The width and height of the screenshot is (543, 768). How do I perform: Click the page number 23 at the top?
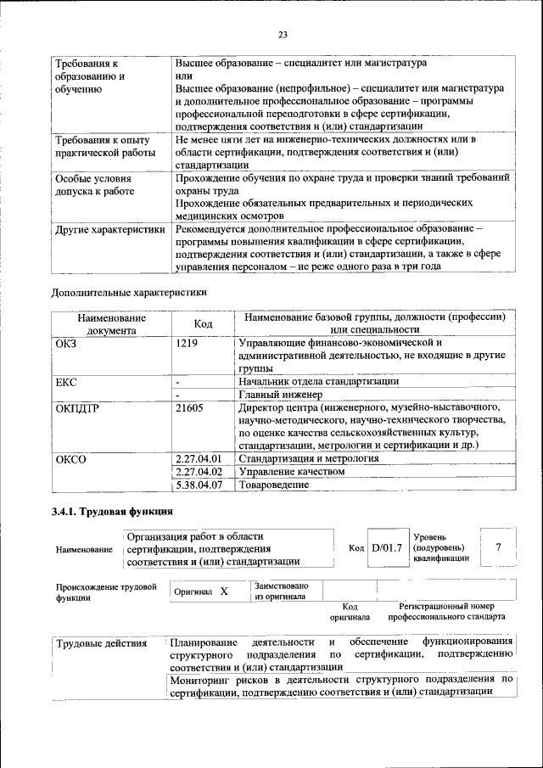(283, 35)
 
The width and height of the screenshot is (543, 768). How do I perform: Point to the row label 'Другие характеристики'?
(109, 229)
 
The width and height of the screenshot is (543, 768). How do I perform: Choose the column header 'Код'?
(203, 323)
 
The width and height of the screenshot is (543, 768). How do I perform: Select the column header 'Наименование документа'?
(111, 323)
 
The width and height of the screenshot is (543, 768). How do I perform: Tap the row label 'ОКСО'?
(70, 459)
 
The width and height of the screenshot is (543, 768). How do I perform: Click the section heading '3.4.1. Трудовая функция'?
(113, 512)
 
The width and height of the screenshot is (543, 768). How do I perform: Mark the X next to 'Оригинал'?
(224, 591)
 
